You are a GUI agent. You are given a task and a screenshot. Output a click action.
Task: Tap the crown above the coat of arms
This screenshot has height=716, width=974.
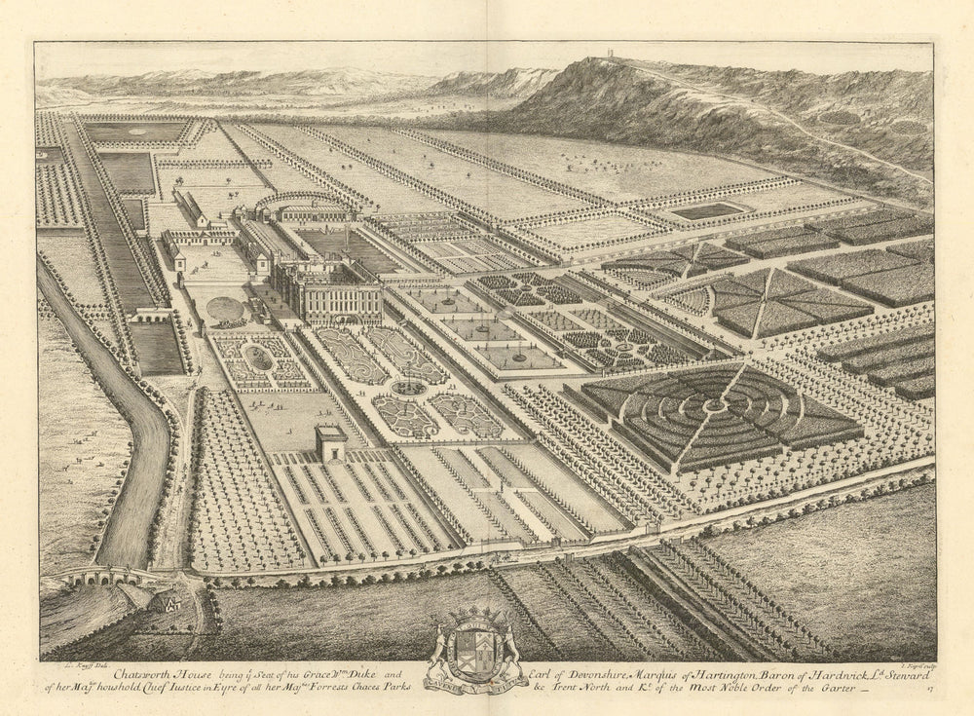477,616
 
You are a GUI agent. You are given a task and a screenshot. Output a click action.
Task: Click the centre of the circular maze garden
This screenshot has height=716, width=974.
722,403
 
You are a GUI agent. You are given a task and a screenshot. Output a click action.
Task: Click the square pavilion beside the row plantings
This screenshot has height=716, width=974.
331,444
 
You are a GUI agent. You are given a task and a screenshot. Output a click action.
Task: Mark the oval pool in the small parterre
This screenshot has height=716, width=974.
257,358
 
